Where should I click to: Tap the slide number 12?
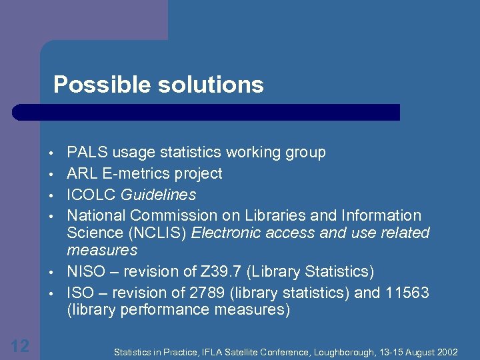coord(20,345)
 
